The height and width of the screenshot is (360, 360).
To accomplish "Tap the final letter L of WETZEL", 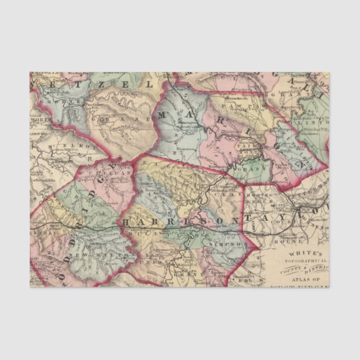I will coord(149,84).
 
